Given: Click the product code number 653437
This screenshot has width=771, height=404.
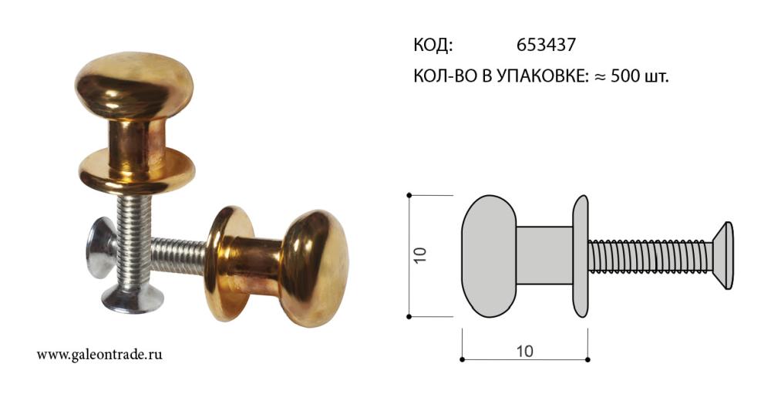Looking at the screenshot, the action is click(546, 45).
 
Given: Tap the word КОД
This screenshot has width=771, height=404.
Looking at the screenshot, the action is click(433, 45).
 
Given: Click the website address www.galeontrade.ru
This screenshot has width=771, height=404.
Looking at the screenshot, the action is click(99, 355).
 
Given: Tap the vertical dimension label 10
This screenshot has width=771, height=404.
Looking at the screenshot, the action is click(420, 255).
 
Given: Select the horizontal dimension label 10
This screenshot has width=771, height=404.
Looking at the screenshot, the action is click(524, 351).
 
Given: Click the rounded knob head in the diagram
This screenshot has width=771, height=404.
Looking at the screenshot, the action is click(489, 256).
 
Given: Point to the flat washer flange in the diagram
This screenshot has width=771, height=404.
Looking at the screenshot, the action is click(581, 256).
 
